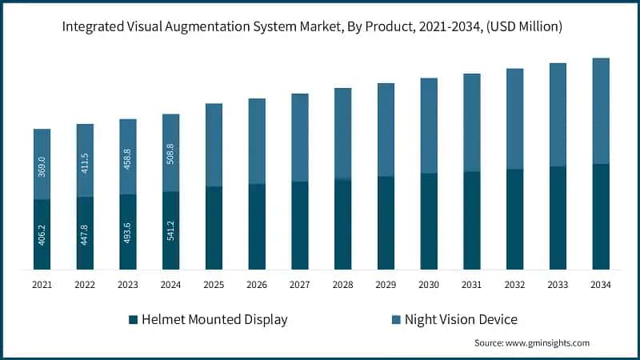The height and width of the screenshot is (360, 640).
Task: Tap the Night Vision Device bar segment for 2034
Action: [600, 110]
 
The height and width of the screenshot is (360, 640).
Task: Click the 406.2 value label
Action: [42, 234]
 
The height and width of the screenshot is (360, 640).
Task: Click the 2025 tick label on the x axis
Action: [214, 284]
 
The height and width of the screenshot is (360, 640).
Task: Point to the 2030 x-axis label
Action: [429, 284]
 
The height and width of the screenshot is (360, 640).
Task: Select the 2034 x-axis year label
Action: [601, 284]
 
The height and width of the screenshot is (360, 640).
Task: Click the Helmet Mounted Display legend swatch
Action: [133, 320]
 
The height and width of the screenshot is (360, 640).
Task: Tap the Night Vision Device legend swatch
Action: [396, 320]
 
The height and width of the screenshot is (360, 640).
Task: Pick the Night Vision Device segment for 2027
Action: [300, 138]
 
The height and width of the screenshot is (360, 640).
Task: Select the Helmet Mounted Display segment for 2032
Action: [514, 219]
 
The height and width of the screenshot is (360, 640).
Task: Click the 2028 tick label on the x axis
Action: [342, 284]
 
